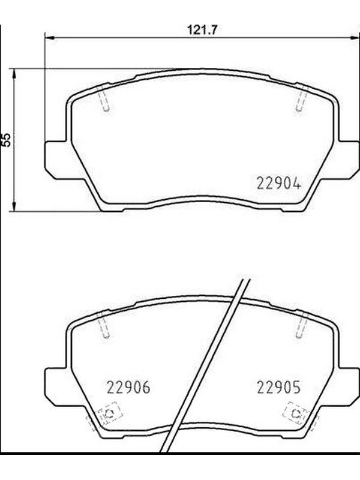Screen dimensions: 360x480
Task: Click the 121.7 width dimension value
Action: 202,30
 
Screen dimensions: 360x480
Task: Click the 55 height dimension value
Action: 6,140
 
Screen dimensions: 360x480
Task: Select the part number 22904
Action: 279,184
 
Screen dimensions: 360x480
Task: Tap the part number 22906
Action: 128,388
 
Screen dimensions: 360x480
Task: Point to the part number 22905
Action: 279,388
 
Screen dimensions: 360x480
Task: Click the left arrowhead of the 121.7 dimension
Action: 50,38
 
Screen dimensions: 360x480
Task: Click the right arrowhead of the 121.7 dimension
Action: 355,38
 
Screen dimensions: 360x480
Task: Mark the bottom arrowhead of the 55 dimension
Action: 14,206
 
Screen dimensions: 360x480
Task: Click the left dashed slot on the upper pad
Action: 104,98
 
